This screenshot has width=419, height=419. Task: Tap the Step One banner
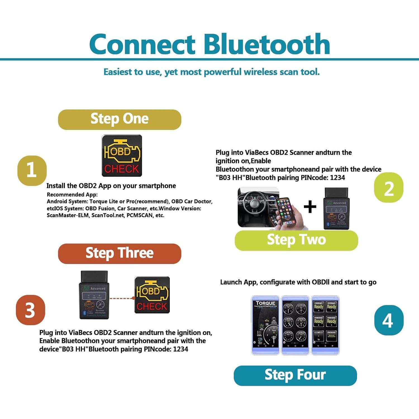[x=120, y=119]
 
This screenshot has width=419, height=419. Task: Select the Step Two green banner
[x=296, y=240]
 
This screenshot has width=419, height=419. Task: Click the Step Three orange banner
[x=120, y=253]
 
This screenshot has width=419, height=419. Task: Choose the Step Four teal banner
[x=295, y=375]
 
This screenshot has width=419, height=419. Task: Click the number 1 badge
[x=32, y=170]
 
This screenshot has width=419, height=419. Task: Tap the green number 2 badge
[x=389, y=188]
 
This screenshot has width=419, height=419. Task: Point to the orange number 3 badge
[x=30, y=310]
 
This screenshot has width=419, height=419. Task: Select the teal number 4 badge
[x=389, y=320]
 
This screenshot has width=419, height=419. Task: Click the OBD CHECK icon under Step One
[x=122, y=156]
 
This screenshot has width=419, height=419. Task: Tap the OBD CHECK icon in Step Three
[x=152, y=295]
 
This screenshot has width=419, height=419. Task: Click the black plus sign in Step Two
[x=310, y=207]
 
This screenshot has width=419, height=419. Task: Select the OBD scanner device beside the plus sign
[x=336, y=209]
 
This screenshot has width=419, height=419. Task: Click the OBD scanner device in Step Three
[x=94, y=295]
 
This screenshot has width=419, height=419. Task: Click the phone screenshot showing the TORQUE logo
[x=265, y=325]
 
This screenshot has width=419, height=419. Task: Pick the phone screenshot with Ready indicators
[x=325, y=325]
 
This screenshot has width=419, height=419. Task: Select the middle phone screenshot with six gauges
[x=295, y=325]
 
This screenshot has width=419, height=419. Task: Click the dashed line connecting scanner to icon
[x=122, y=298]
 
